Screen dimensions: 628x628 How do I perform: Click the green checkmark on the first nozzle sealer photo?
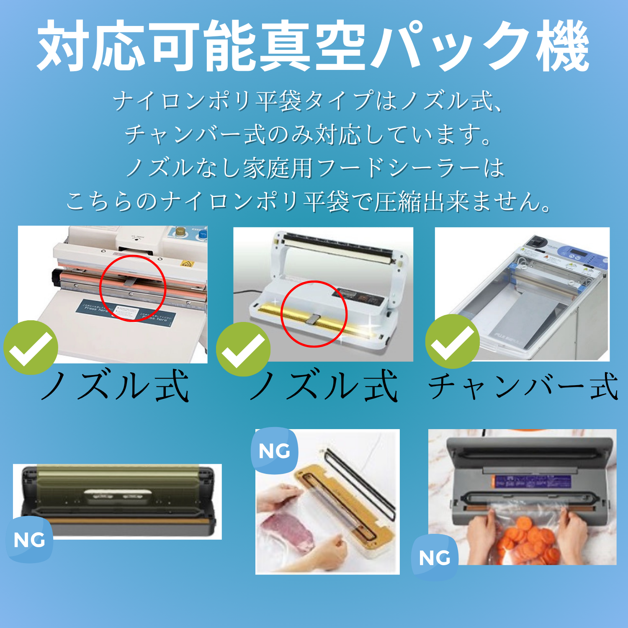tap(31, 347)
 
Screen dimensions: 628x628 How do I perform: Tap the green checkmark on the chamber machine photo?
tap(453, 342)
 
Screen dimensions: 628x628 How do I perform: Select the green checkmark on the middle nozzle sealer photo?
tap(243, 349)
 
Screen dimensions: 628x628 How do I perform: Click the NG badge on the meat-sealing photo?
tap(274, 451)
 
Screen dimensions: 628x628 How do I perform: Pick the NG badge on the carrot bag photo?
tap(435, 558)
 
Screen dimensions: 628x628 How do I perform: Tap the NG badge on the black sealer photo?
tap(29, 540)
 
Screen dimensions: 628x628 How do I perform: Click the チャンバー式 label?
tap(523, 386)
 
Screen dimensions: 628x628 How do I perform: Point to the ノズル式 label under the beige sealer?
tap(114, 386)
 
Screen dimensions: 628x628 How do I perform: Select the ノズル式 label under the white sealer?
tap(323, 386)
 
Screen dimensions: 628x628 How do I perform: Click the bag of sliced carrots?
tap(528, 536)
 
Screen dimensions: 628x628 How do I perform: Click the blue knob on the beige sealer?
tap(203, 233)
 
